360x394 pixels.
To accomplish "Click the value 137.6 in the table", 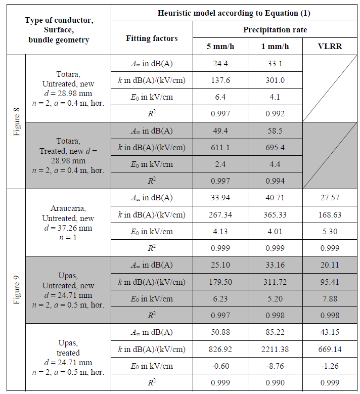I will pyautogui.click(x=220, y=80).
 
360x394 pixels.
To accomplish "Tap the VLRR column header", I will pyautogui.click(x=330, y=47).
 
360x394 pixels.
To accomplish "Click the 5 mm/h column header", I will pyautogui.click(x=220, y=47).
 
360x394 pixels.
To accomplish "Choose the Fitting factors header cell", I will pyautogui.click(x=152, y=38).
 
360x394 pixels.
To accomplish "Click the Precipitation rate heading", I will pyautogui.click(x=275, y=29).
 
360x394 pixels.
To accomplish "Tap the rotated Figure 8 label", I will pyautogui.click(x=17, y=121).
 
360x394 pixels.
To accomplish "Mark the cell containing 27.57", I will pyautogui.click(x=330, y=198).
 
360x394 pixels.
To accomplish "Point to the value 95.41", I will pyautogui.click(x=330, y=282).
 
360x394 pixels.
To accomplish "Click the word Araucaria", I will pyautogui.click(x=68, y=208).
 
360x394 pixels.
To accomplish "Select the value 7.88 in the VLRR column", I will pyautogui.click(x=330, y=298).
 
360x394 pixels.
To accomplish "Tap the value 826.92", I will pyautogui.click(x=220, y=349).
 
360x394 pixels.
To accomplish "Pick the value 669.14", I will pyautogui.click(x=330, y=349).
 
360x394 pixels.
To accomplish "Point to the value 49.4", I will pyautogui.click(x=220, y=130).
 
